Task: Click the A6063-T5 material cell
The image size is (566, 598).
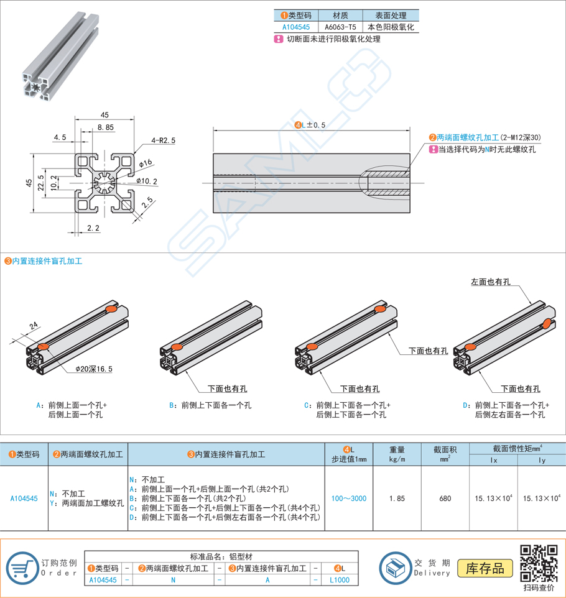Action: [341, 27]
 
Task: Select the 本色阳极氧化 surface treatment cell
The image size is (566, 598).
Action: [391, 27]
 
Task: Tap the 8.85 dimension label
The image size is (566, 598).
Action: [105, 127]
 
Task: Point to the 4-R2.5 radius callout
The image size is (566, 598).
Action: [163, 140]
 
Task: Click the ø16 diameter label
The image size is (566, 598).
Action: [146, 163]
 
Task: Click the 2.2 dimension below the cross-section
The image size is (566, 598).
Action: [93, 229]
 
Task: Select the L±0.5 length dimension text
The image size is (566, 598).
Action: [310, 125]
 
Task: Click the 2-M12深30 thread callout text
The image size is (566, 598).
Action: [485, 137]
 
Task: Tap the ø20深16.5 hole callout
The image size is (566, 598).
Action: [94, 369]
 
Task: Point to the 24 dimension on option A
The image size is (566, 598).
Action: [33, 324]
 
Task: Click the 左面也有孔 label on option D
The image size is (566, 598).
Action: [490, 282]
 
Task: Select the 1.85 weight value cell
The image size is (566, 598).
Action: [397, 499]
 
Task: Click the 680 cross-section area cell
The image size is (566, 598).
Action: [445, 499]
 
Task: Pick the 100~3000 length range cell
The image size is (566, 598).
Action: [349, 499]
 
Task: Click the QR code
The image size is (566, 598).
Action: [538, 563]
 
